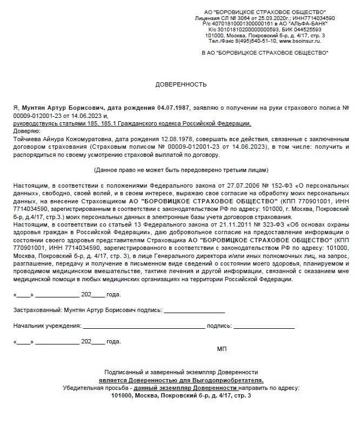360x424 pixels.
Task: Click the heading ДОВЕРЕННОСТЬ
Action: pos(181,85)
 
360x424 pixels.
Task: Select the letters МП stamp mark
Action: pos(222,349)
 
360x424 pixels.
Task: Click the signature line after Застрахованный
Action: pos(194,311)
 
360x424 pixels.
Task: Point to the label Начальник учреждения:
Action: pos(47,326)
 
